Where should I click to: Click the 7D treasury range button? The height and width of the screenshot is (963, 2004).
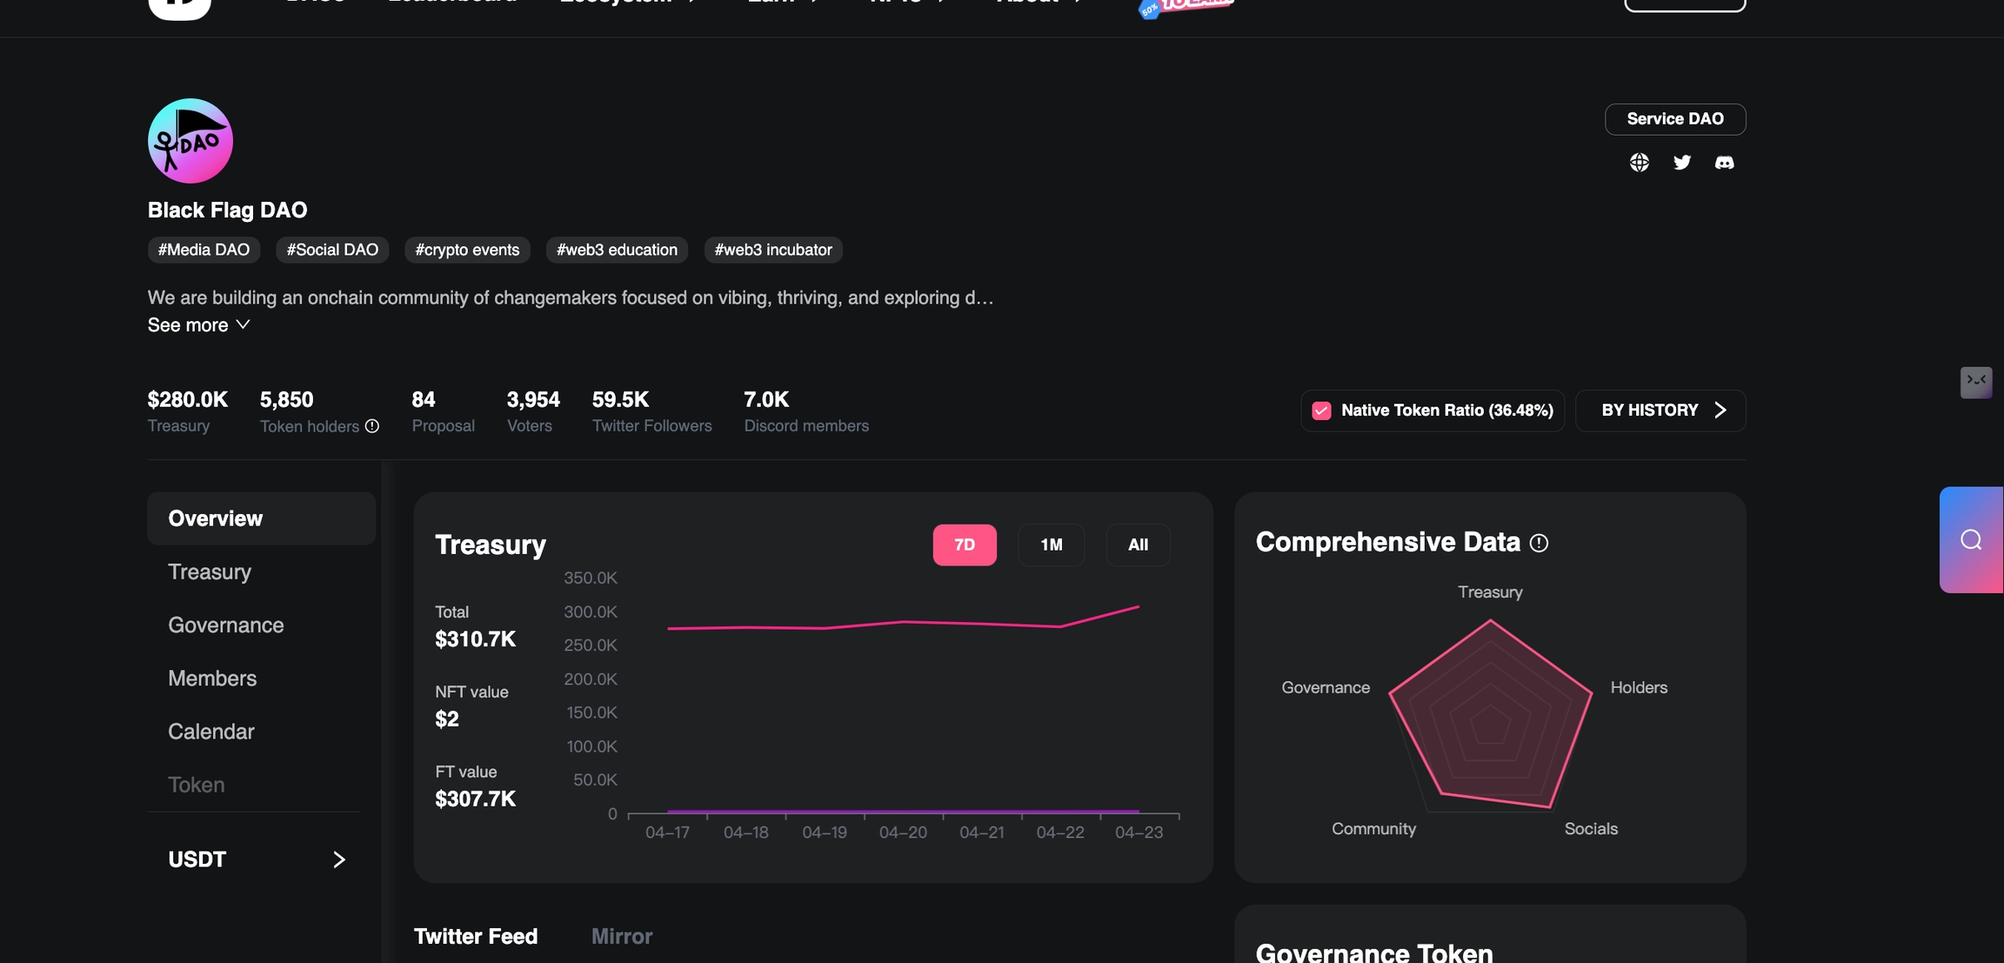pos(964,545)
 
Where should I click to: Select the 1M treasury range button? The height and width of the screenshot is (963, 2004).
pos(1051,545)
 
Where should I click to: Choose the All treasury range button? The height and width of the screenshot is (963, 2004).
pos(1138,545)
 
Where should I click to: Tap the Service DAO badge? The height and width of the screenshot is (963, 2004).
pos(1674,119)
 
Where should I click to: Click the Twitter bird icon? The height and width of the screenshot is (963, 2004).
pos(1681,163)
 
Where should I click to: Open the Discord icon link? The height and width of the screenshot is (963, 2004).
pos(1724,163)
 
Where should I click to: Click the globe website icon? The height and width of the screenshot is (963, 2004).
pos(1639,163)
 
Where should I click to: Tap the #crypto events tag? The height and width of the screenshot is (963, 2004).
pos(467,250)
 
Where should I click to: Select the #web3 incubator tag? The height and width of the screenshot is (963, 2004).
pos(772,250)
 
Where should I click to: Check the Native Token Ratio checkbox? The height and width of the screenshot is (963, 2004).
pos(1321,411)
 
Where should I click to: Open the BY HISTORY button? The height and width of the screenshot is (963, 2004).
pos(1660,411)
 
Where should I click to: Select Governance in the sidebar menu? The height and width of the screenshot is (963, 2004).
pos(226,625)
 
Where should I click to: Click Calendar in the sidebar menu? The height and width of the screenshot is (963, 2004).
pos(211,732)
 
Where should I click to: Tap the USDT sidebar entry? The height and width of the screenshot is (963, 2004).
pos(257,859)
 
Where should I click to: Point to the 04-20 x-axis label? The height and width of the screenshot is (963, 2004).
pos(903,833)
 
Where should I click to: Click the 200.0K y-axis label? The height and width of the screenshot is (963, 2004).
pos(591,679)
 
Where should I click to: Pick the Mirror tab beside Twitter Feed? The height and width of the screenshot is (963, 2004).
pos(622,936)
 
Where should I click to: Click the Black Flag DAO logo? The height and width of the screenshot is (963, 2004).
pos(190,141)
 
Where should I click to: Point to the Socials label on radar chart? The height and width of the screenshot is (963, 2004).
pos(1591,829)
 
